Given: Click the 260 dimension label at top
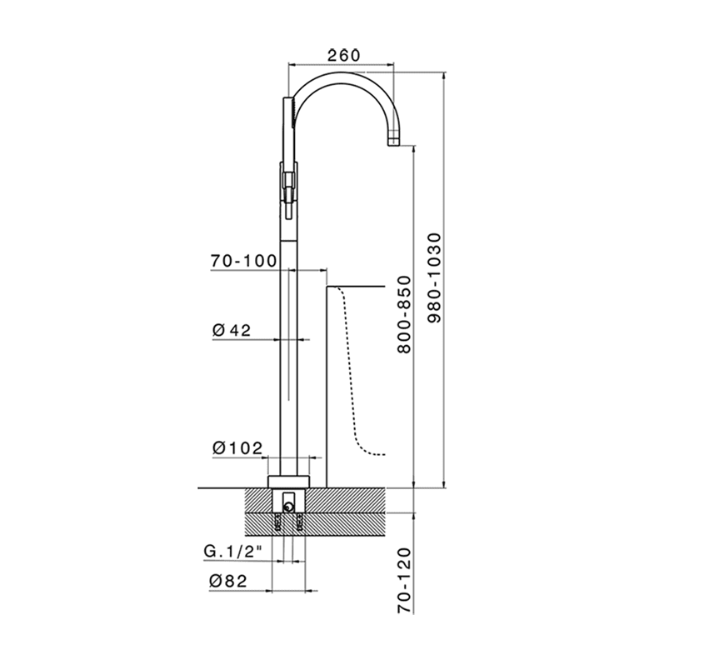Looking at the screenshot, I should pyautogui.click(x=342, y=55).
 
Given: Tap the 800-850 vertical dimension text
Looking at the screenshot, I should pyautogui.click(x=403, y=314).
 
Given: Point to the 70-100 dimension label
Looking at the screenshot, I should pyautogui.click(x=243, y=261).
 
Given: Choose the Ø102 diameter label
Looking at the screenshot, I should pyautogui.click(x=237, y=447).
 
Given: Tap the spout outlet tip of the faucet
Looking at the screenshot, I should pyautogui.click(x=394, y=143).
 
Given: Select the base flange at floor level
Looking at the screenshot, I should pyautogui.click(x=288, y=481).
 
